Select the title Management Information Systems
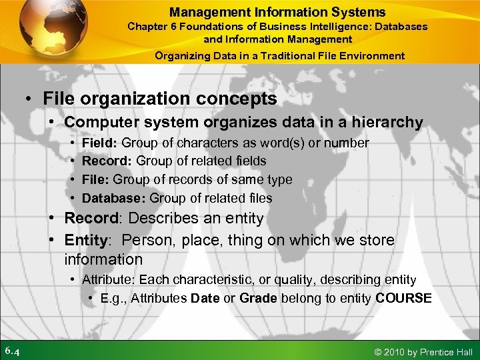[277, 12]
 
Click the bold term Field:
[100, 143]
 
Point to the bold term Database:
[114, 198]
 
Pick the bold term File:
[96, 180]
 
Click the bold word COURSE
[403, 299]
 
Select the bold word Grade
[258, 299]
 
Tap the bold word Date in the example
[205, 299]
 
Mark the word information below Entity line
[103, 259]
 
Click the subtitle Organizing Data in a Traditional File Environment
[279, 56]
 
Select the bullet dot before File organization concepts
[31, 99]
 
